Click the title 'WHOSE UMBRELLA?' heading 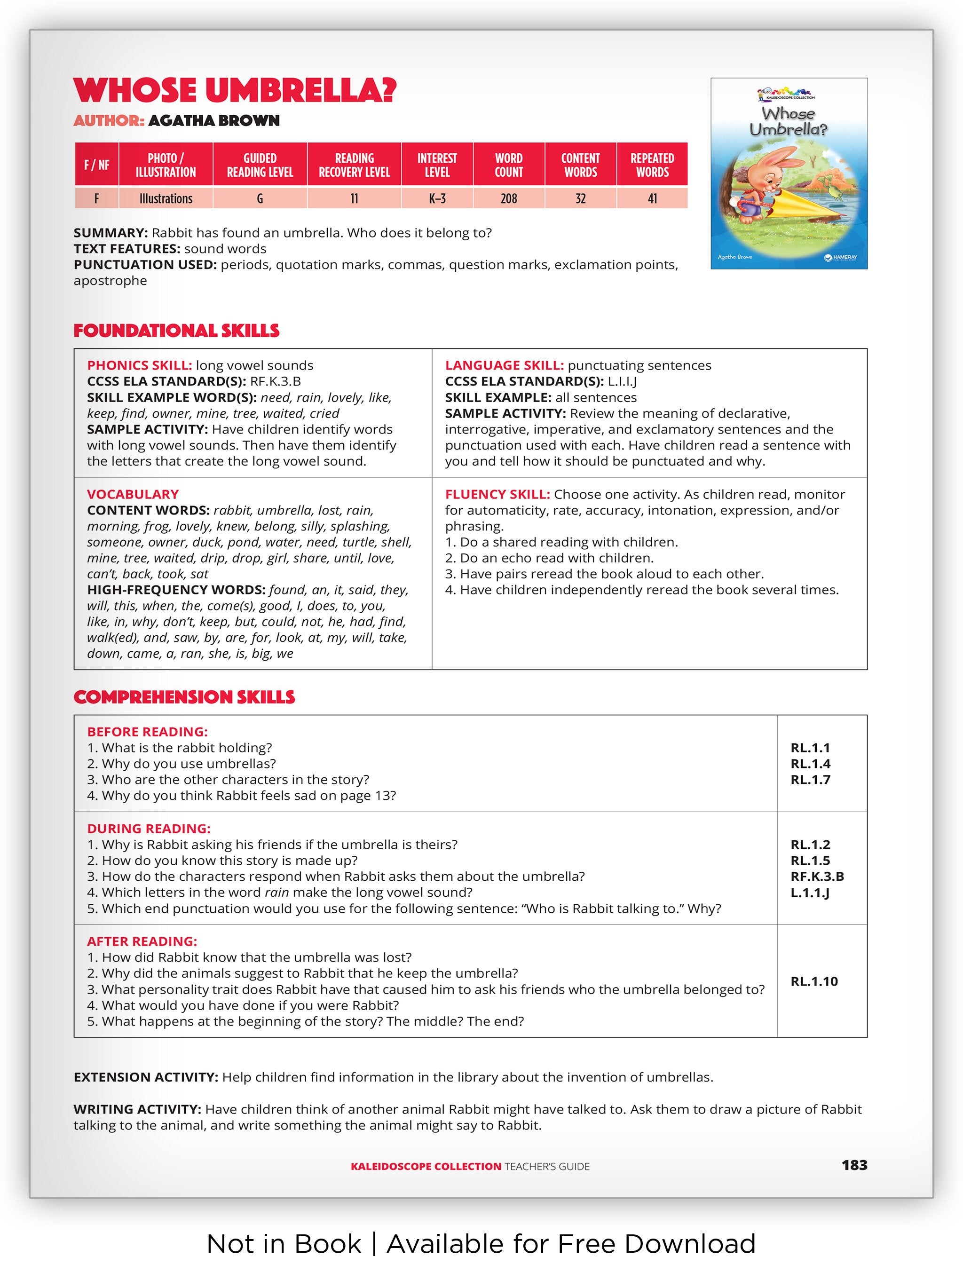[235, 90]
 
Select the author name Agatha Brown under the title [214, 121]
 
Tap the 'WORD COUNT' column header [509, 165]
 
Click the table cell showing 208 [509, 199]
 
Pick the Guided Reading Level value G [260, 199]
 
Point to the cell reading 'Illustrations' [166, 199]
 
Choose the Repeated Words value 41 [652, 199]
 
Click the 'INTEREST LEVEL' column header [437, 165]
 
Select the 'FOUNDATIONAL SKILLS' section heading [176, 331]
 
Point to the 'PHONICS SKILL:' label [139, 366]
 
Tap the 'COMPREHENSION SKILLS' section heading [184, 697]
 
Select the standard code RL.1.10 [814, 981]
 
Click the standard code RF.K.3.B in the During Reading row [817, 877]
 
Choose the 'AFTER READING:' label [142, 941]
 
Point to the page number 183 [854, 1165]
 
